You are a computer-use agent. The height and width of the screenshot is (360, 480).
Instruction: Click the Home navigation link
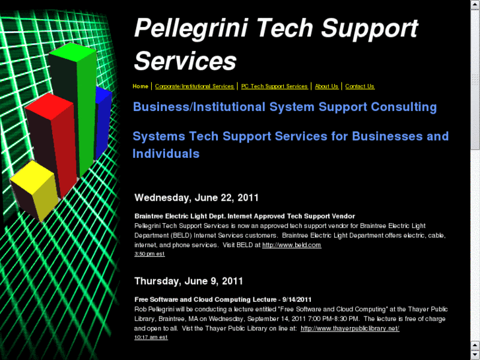[x=140, y=87]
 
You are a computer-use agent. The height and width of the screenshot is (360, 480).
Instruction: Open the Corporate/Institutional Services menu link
[x=194, y=87]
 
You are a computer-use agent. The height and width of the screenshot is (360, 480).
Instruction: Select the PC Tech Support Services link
[x=274, y=87]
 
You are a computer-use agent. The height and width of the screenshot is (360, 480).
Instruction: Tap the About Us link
[x=326, y=87]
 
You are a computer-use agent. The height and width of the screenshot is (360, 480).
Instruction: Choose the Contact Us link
[x=359, y=87]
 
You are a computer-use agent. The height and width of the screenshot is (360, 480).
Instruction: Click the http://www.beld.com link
[x=291, y=245]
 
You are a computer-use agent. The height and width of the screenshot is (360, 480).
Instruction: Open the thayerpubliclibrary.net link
[x=349, y=328]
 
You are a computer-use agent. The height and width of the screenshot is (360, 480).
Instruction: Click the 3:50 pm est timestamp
[x=149, y=254]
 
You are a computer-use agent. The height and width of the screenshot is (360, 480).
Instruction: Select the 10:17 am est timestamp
[x=151, y=337]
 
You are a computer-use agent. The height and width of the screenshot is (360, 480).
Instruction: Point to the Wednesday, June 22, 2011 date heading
[x=196, y=198]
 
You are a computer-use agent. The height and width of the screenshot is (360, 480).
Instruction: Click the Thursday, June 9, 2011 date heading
[x=189, y=281]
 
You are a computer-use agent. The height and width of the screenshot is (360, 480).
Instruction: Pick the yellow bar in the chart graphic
[x=36, y=192]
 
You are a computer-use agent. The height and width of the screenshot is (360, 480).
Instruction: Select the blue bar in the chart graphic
[x=103, y=122]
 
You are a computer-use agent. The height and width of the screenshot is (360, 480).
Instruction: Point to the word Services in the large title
[x=185, y=61]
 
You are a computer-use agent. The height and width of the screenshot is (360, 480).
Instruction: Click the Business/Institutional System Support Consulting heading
[x=285, y=107]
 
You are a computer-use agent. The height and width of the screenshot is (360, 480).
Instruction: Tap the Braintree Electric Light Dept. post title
[x=244, y=216]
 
